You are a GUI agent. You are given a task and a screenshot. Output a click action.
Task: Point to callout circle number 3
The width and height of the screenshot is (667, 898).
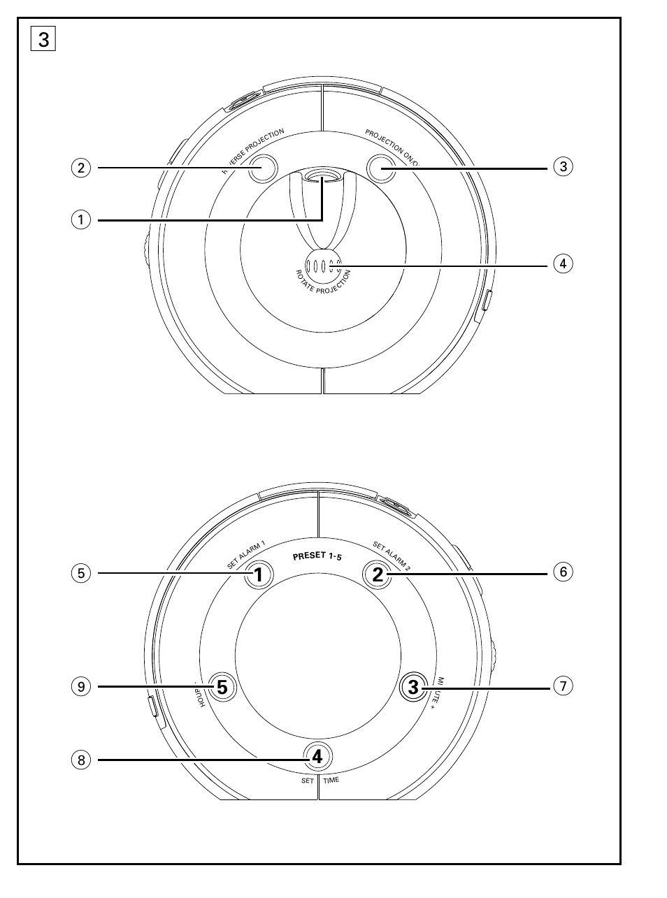563,167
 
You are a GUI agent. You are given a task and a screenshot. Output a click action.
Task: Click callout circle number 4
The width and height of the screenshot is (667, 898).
563,264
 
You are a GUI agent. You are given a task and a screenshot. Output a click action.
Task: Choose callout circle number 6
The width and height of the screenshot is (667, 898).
563,572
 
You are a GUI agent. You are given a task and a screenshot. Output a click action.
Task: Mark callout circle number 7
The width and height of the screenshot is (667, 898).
563,686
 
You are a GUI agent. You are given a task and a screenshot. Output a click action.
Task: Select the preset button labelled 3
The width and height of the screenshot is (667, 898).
413,687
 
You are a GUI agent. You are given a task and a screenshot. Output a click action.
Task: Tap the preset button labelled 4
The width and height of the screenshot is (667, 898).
317,756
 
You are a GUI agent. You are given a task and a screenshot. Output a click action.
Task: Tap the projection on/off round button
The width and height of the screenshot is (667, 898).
382,168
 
